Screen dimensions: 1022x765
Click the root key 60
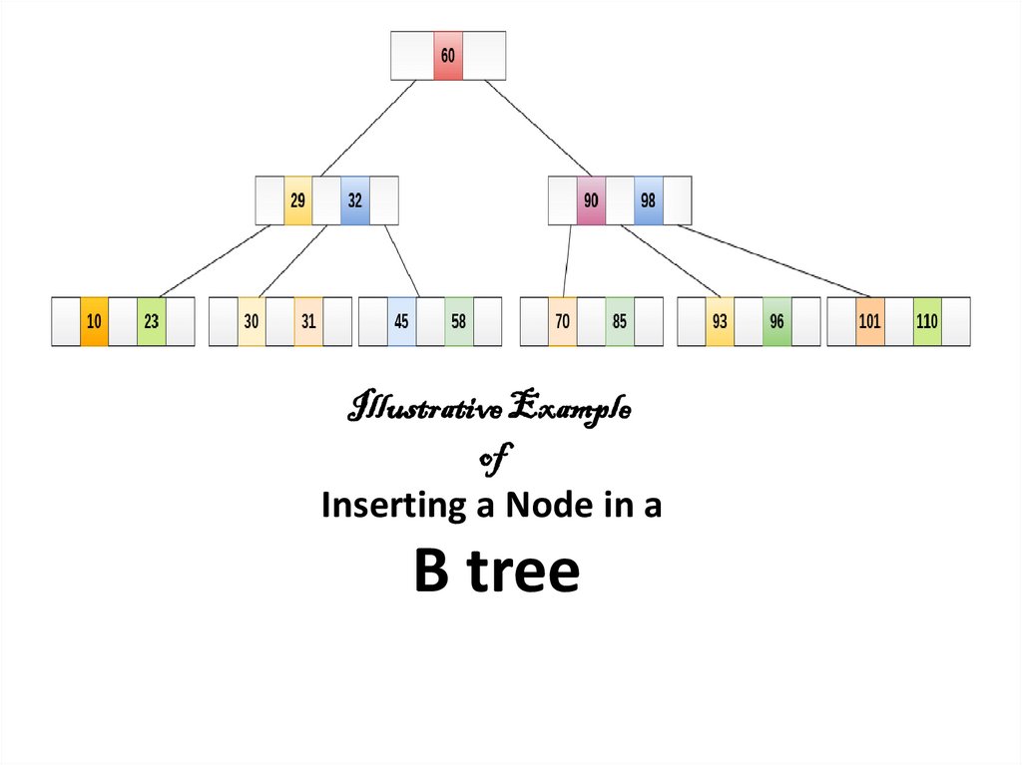click(447, 56)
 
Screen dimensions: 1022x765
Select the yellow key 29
click(297, 200)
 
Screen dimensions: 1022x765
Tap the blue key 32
click(354, 200)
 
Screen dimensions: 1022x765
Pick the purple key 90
click(591, 200)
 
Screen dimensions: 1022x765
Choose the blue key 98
click(648, 200)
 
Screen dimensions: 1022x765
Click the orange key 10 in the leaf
click(94, 321)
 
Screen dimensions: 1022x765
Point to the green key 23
click(151, 321)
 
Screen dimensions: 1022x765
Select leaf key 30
click(252, 321)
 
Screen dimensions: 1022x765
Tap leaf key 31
click(308, 321)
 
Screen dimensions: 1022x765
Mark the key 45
click(401, 321)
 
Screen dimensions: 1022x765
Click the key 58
click(458, 321)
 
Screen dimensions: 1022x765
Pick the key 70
click(563, 321)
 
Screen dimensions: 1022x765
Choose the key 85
click(620, 321)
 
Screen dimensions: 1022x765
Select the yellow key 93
click(720, 321)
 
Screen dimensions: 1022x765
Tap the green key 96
click(776, 321)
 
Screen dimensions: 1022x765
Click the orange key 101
click(869, 321)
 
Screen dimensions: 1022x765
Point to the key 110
click(927, 321)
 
